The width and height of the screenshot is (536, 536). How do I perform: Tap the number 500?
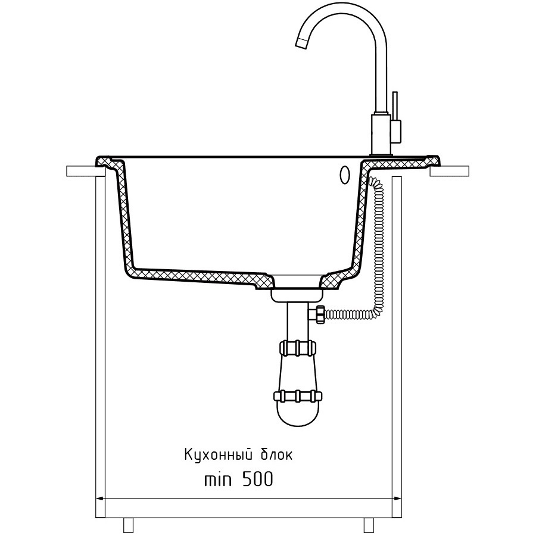click(x=257, y=479)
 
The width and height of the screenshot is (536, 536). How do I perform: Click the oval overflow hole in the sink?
click(x=344, y=175)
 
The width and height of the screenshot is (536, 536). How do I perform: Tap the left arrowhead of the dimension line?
click(x=100, y=498)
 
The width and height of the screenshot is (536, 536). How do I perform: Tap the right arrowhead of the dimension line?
click(x=397, y=498)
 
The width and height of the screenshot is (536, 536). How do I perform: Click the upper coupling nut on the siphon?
click(x=297, y=348)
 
